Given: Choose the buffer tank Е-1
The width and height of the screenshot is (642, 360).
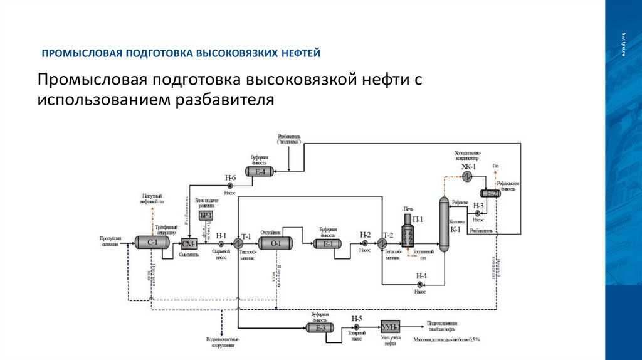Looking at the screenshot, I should pyautogui.click(x=328, y=244).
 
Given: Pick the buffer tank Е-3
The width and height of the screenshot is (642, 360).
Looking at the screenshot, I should pyautogui.click(x=320, y=327).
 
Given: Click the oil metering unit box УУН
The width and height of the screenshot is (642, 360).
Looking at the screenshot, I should pyautogui.click(x=390, y=327).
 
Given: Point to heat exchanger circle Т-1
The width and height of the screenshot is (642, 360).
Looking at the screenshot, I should pyautogui.click(x=239, y=243).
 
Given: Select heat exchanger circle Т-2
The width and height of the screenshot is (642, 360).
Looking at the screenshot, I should pyautogui.click(x=381, y=243).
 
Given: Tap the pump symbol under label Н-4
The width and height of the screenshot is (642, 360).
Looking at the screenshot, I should pyautogui.click(x=419, y=284).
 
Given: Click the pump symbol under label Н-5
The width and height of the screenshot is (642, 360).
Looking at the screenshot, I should pyautogui.click(x=356, y=327).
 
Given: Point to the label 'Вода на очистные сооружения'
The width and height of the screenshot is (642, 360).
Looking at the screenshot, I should pyautogui.click(x=223, y=342).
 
